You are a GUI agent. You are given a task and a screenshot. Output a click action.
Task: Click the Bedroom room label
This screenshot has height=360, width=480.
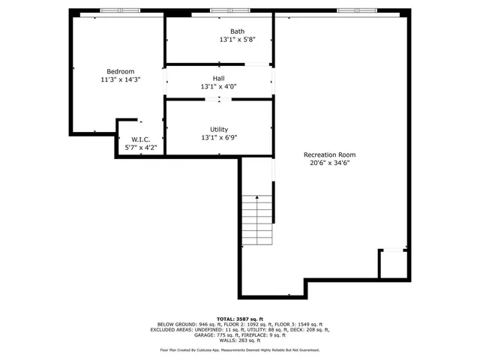pos(120,71)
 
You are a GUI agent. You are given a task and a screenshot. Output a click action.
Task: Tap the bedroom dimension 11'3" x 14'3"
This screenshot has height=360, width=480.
pos(120,79)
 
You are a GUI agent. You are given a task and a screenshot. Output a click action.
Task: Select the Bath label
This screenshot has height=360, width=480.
pos(237,31)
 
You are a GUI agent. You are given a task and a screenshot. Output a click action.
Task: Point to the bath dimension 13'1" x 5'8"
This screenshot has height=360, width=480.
pos(237,40)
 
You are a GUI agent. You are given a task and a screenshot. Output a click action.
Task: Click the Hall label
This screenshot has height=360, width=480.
pos(218,78)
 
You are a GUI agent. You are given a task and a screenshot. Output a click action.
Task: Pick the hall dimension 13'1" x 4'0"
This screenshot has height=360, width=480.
pos(218,87)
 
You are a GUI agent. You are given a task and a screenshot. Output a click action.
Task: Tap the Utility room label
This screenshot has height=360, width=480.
pos(219,129)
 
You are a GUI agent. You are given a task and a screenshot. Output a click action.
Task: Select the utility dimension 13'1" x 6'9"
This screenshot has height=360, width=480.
pos(219,137)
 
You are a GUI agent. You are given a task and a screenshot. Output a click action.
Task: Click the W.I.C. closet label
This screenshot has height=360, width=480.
pos(141,139)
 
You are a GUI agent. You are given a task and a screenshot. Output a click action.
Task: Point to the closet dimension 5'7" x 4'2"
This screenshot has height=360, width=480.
pos(141,148)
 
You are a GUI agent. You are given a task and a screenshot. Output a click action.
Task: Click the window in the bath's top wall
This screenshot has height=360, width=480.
pos(220,10)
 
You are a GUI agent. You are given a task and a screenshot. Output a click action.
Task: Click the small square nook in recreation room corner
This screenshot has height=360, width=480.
pos(392,263)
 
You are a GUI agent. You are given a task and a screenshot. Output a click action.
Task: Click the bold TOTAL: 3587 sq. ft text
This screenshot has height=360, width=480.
pos(239,319)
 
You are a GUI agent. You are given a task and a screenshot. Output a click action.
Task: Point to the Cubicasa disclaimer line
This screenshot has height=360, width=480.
pos(239,349)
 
